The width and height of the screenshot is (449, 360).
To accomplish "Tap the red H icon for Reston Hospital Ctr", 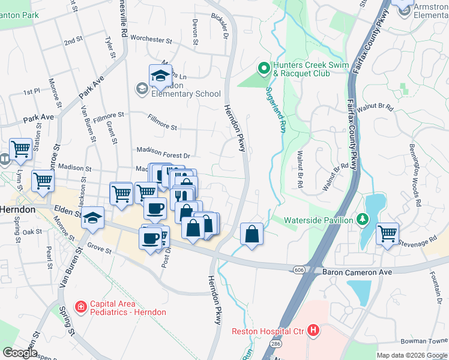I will pyautogui.click(x=312, y=330).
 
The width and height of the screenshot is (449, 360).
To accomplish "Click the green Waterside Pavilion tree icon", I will pyautogui.click(x=361, y=220).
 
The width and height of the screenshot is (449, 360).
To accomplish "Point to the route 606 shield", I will pyautogui.click(x=298, y=271).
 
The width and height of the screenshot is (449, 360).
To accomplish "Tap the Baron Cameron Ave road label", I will pyautogui.click(x=357, y=272).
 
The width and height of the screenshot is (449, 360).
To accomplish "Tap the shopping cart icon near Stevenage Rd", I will pyautogui.click(x=387, y=233).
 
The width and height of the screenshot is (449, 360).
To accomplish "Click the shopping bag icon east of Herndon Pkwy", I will pyautogui.click(x=252, y=233).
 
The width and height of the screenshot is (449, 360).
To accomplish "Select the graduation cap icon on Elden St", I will pyautogui.click(x=93, y=218).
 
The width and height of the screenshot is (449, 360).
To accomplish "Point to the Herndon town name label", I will pyautogui.click(x=17, y=210).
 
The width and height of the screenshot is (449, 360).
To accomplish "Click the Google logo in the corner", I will pyautogui.click(x=19, y=353).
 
